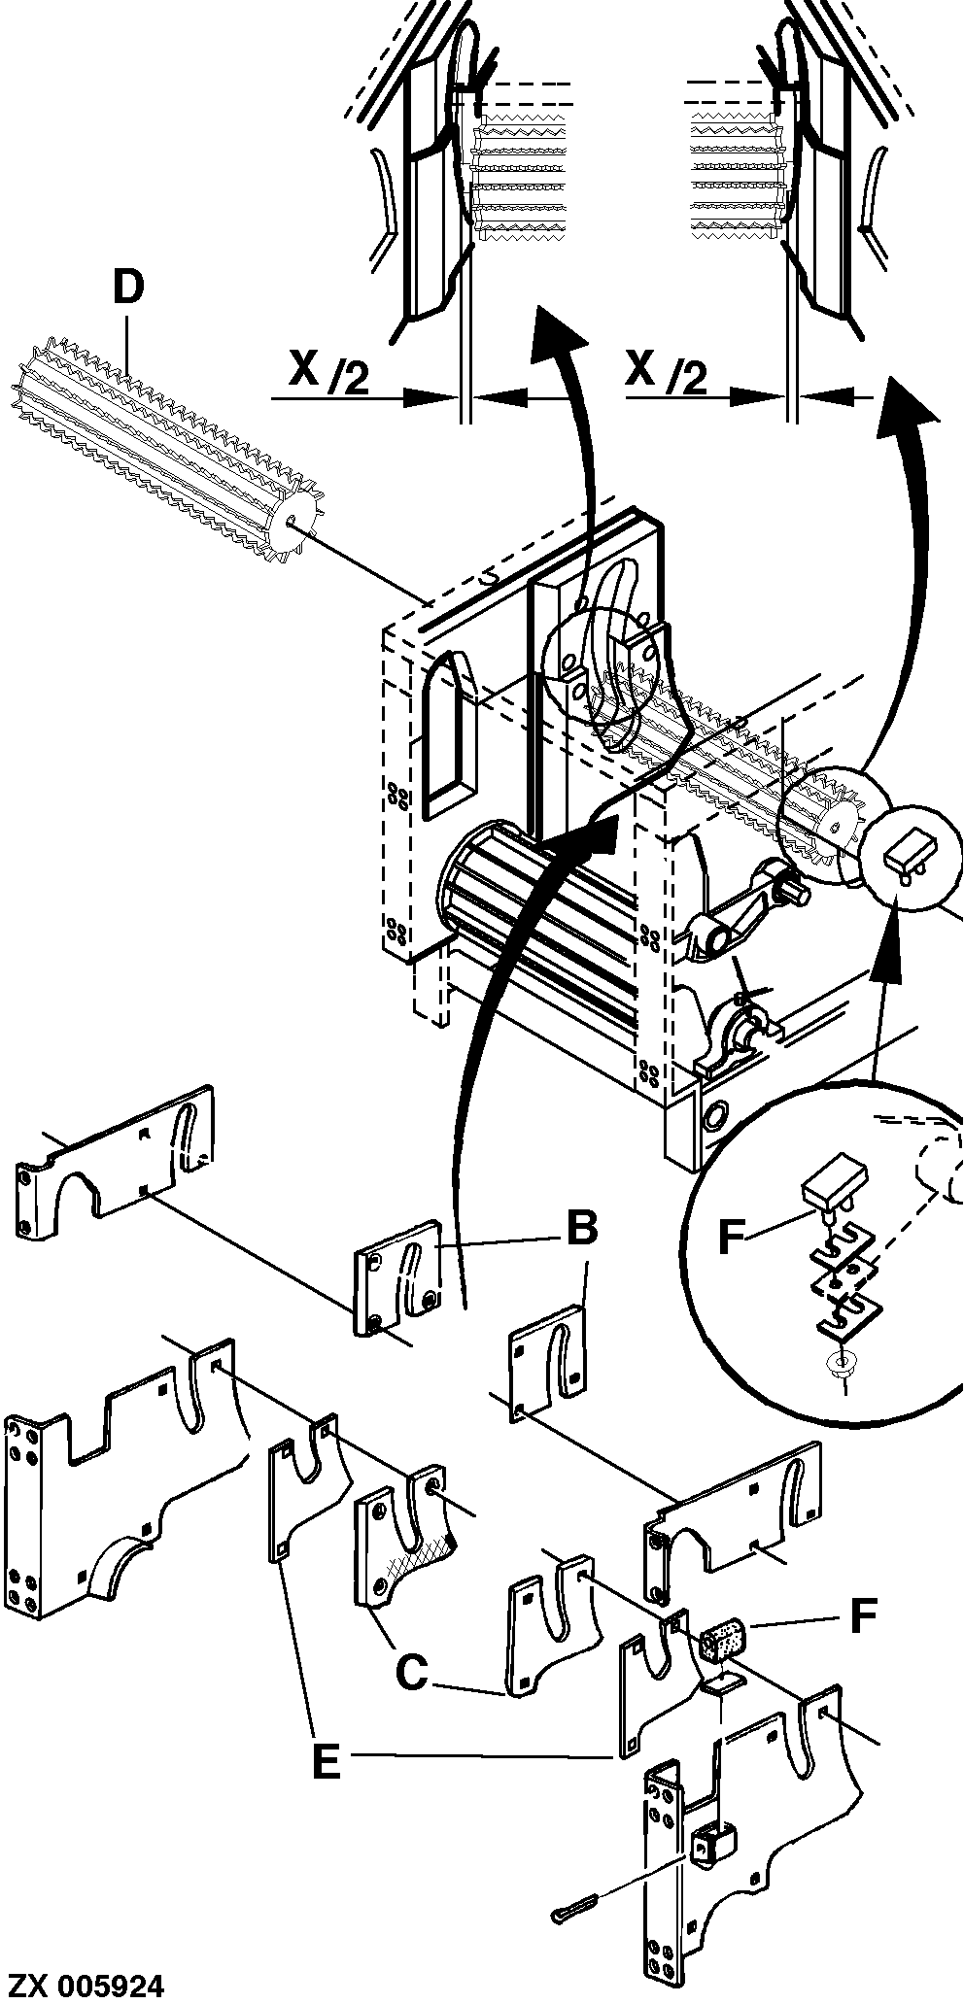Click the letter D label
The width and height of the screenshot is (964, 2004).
pyautogui.click(x=127, y=289)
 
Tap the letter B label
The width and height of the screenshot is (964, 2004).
pyautogui.click(x=581, y=1230)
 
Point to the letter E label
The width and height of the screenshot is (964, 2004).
pyautogui.click(x=326, y=1761)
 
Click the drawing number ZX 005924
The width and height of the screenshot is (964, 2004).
pyautogui.click(x=85, y=1984)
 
